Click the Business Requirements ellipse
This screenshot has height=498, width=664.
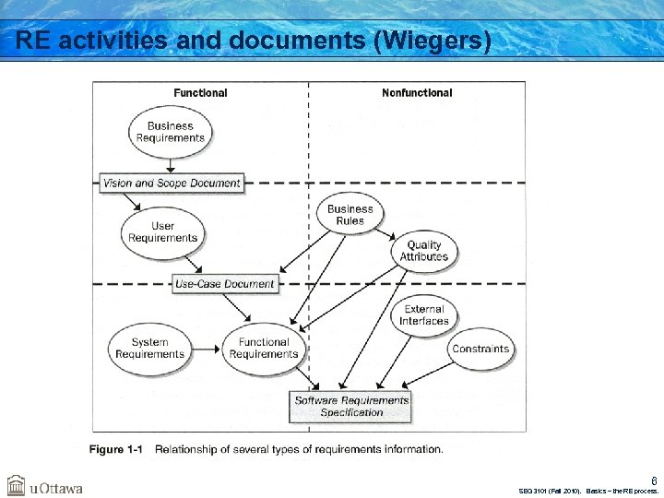point(170,132)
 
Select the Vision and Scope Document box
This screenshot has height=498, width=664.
point(172,183)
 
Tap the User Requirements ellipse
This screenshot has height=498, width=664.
point(162,231)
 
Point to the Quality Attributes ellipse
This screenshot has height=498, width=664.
point(423,251)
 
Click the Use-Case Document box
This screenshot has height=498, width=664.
point(224,284)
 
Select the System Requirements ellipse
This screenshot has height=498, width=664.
point(149,349)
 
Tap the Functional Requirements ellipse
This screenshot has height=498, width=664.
point(264,349)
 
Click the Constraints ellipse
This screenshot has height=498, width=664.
point(480,349)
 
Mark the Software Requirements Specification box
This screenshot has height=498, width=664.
point(351,407)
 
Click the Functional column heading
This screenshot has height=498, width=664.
point(200,93)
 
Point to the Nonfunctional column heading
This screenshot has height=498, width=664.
point(417,93)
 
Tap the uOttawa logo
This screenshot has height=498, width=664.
point(45,486)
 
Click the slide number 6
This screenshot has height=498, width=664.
point(654,480)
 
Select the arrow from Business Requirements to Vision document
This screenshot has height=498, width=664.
point(171,164)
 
